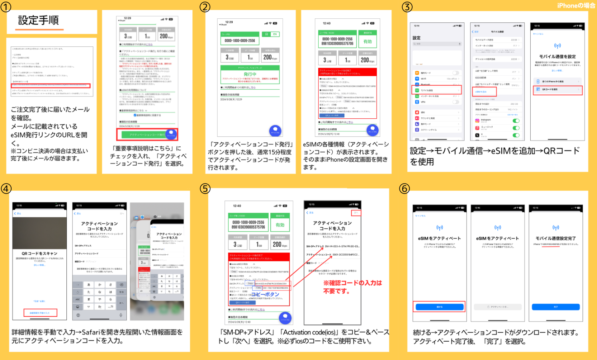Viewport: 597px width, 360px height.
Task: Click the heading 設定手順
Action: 38,20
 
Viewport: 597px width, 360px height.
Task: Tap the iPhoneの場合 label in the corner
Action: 576,6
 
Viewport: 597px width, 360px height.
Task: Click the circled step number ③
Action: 407,7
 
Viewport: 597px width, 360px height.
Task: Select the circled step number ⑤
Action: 205,188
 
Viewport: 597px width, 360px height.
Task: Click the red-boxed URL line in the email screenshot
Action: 50,86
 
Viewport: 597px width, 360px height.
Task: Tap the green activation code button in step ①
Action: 147,134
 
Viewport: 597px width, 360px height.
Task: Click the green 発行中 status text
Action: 250,74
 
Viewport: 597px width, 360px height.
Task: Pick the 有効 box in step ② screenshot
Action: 367,41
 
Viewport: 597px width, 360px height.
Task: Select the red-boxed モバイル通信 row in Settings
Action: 437,90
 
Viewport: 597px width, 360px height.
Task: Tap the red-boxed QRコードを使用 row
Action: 557,90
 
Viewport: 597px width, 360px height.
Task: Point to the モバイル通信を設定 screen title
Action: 557,57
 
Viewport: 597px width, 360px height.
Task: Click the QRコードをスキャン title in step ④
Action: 39,254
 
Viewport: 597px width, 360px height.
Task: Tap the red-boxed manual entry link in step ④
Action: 40,313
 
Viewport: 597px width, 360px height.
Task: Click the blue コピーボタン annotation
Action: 265,294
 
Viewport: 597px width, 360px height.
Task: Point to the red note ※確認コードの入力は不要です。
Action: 352,287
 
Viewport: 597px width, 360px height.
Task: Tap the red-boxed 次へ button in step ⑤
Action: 356,212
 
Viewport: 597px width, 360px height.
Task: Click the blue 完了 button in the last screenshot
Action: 555,307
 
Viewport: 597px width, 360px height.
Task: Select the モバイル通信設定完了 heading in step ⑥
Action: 555,238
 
